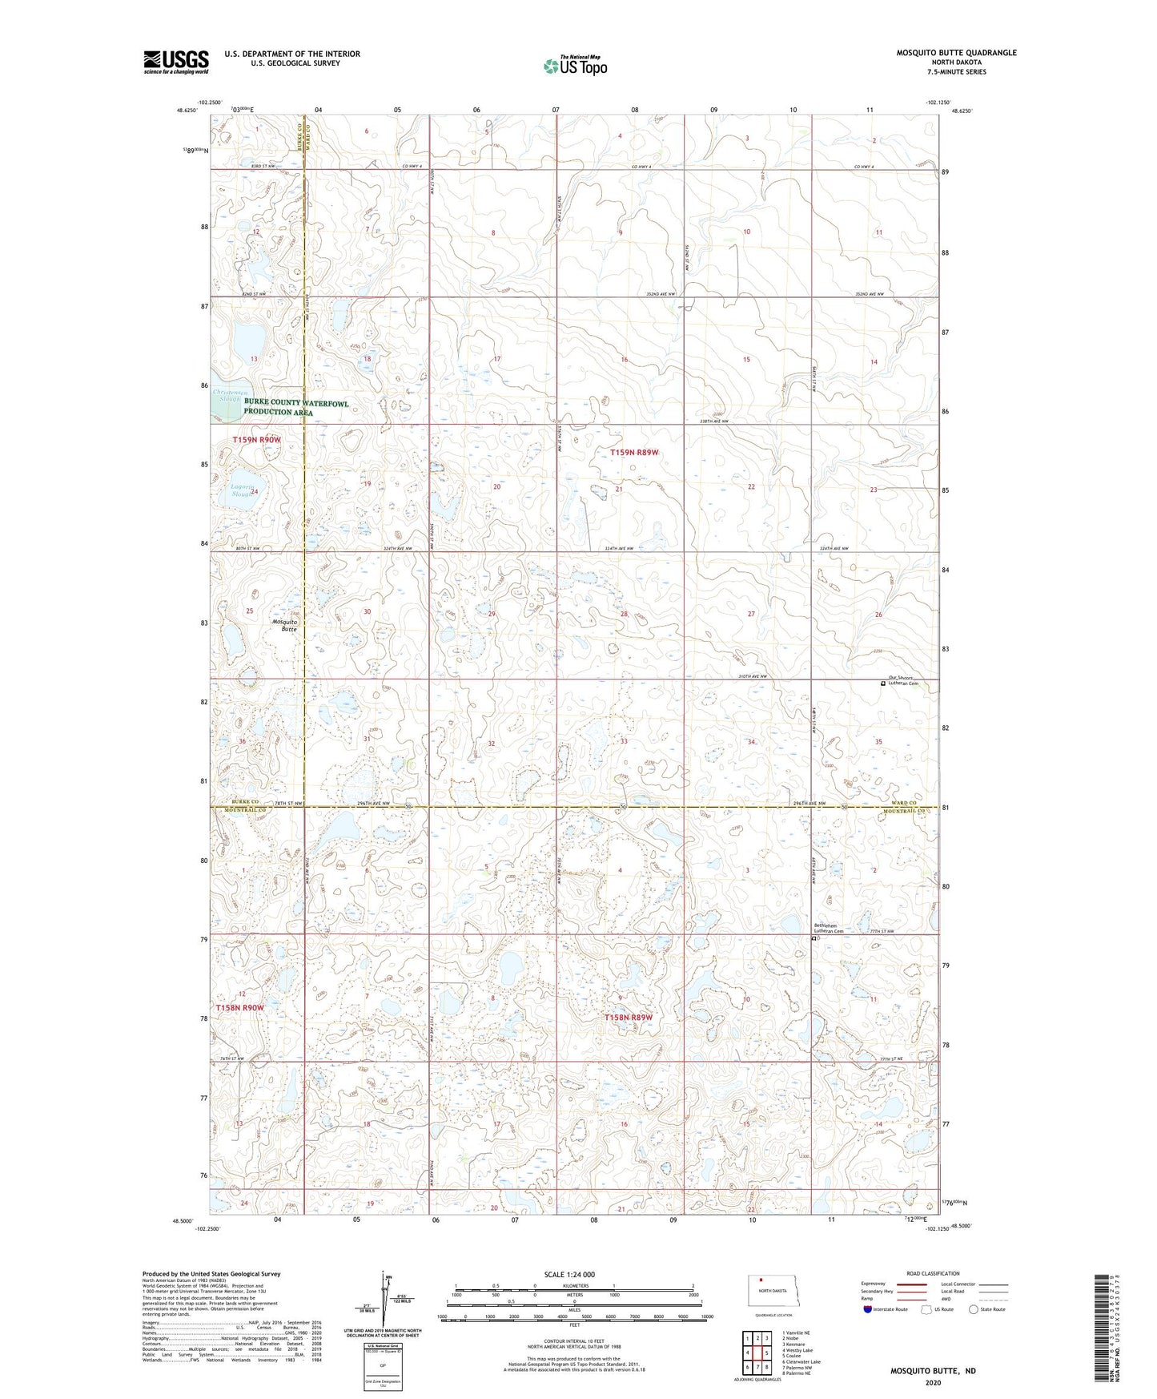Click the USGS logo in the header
(176, 61)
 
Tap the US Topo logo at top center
(574, 66)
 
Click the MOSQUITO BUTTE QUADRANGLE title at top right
(956, 53)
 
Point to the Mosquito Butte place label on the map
(285, 626)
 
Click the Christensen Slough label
(227, 395)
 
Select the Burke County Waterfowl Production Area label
(296, 407)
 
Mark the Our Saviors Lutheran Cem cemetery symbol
(883, 683)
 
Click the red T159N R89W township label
(634, 453)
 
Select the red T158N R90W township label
(239, 1007)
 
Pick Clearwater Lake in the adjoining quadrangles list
(804, 1361)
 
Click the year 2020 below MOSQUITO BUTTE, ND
(933, 1382)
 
